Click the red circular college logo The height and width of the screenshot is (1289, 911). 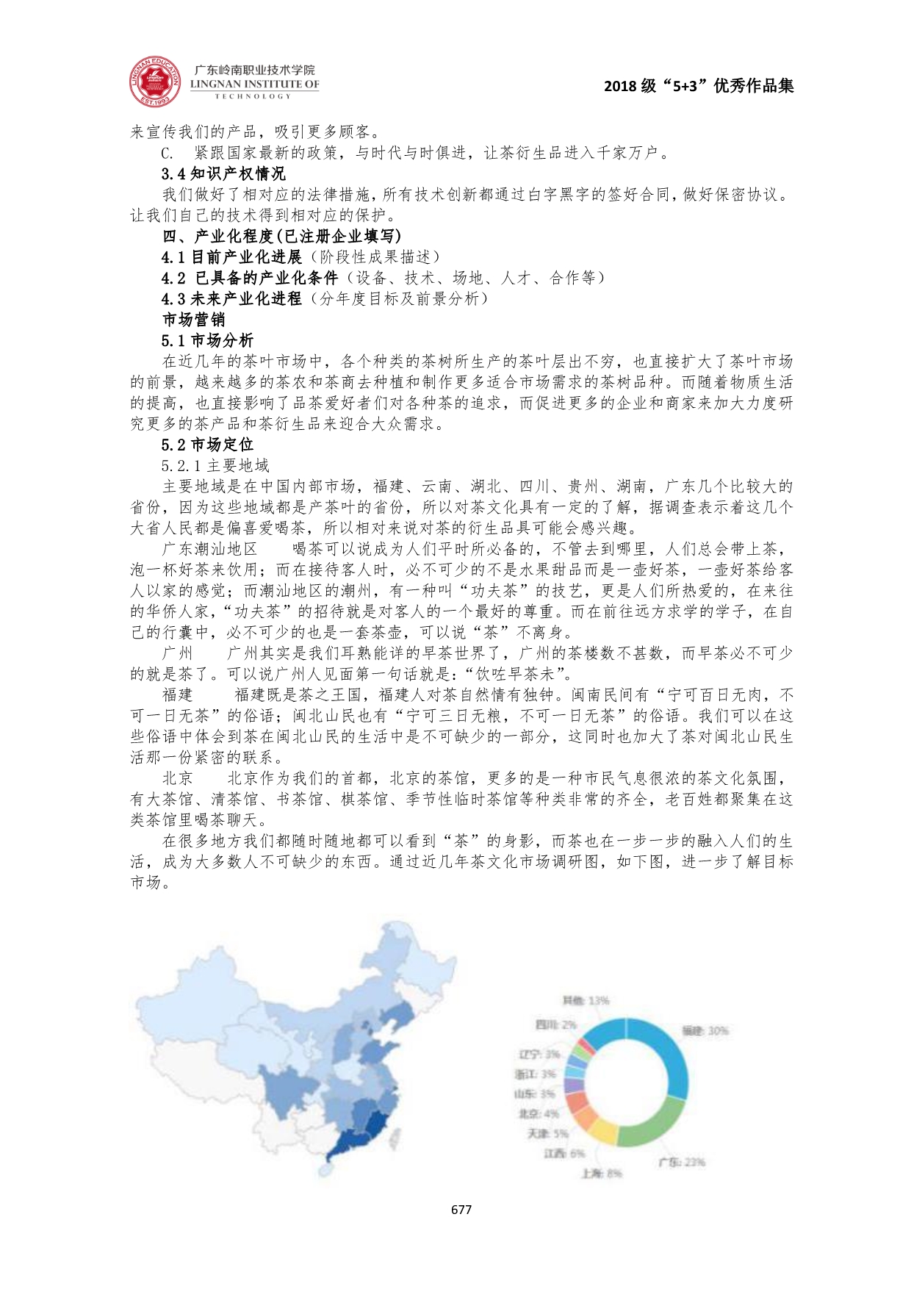(x=155, y=82)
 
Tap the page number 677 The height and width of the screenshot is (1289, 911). (x=461, y=1209)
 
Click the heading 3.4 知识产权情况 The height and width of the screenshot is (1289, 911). (x=223, y=174)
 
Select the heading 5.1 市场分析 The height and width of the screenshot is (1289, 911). (x=207, y=340)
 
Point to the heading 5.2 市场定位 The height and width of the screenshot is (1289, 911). (x=207, y=445)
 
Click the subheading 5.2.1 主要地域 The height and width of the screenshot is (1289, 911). (x=215, y=465)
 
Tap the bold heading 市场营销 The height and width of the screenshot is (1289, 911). (x=193, y=320)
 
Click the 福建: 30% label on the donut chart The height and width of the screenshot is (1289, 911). (x=705, y=1031)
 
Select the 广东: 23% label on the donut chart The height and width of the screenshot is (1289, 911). (x=681, y=1162)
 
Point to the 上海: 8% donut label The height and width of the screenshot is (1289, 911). (x=601, y=1173)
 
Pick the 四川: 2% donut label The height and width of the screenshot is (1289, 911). (x=555, y=1024)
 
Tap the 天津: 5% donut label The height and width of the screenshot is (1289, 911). (x=547, y=1133)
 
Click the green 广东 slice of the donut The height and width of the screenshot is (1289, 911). (x=650, y=1121)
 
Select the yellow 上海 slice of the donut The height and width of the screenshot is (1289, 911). (x=602, y=1130)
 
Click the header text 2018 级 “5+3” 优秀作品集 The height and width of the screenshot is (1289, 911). (x=698, y=86)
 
